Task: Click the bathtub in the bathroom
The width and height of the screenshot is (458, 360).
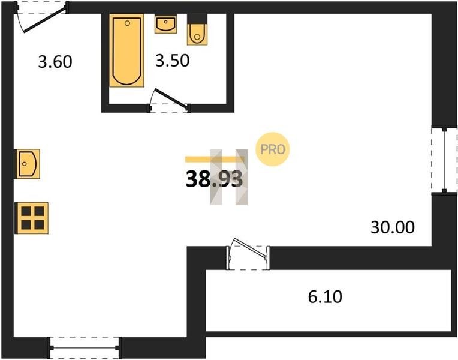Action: tap(126, 50)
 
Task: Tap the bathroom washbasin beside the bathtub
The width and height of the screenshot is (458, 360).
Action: tap(165, 24)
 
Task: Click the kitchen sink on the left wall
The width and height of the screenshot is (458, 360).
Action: tap(28, 164)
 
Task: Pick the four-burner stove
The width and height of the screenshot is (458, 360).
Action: tap(32, 218)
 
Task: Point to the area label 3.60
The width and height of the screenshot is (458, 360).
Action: tap(55, 62)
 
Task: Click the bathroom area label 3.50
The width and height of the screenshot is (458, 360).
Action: tap(172, 61)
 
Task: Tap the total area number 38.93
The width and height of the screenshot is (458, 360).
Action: tap(214, 179)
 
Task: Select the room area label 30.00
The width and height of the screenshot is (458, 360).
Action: tap(393, 227)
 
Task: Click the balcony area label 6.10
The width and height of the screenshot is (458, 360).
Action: tap(325, 297)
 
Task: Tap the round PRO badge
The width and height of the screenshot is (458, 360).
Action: tap(273, 149)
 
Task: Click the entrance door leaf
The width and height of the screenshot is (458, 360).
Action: tap(44, 20)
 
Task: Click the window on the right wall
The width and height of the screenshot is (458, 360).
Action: tap(444, 160)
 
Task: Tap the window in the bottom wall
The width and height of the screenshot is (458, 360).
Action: tap(85, 348)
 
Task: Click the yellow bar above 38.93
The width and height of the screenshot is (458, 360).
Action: tap(215, 160)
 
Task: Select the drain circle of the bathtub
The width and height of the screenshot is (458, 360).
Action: tap(127, 23)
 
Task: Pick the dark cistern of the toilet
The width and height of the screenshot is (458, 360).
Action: tap(197, 19)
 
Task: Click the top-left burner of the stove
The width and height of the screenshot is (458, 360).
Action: tap(26, 211)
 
